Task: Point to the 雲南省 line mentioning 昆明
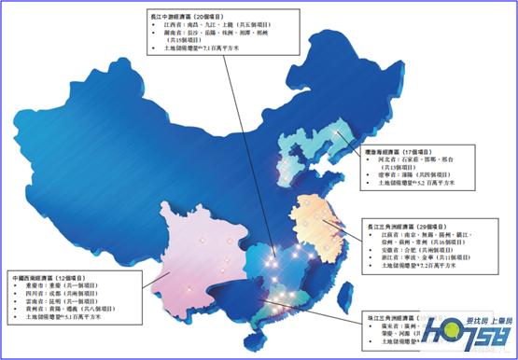[x=56, y=307]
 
